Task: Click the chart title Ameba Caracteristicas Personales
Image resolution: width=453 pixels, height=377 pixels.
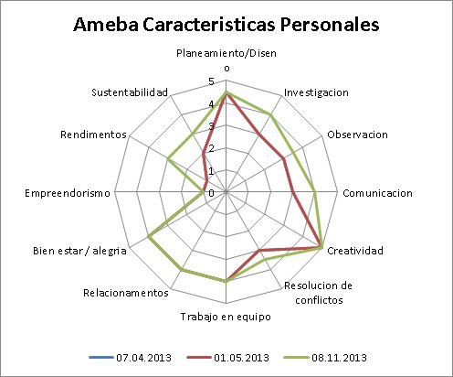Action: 226,25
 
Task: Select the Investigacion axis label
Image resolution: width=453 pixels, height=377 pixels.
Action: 316,93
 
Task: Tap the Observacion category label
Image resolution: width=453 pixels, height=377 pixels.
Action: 357,135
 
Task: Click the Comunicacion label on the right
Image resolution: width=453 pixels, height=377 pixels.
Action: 377,193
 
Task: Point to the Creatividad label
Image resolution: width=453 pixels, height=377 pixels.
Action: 355,251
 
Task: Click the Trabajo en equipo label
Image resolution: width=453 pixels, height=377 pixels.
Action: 226,317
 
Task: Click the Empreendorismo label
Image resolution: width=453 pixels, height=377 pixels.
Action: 68,193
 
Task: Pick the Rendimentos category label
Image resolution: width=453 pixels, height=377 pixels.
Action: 93,135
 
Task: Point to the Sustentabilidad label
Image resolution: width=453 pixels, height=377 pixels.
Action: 130,93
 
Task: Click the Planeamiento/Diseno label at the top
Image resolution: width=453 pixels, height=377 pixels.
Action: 226,59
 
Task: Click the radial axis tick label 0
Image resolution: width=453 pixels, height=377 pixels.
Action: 211,193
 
